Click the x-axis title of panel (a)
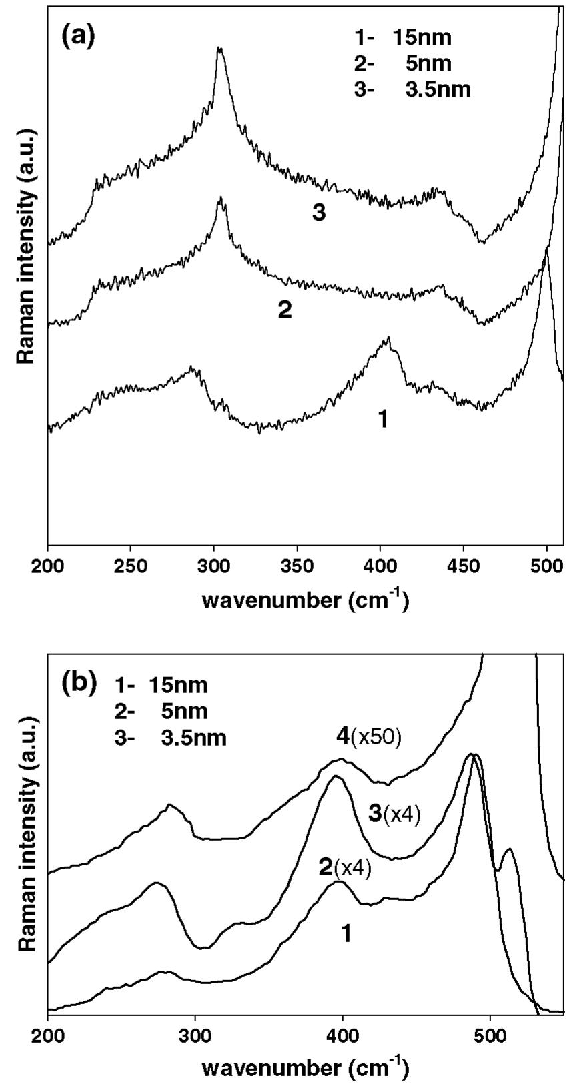(x=305, y=600)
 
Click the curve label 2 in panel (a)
(x=285, y=310)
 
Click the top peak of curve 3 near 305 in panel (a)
(x=219, y=49)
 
